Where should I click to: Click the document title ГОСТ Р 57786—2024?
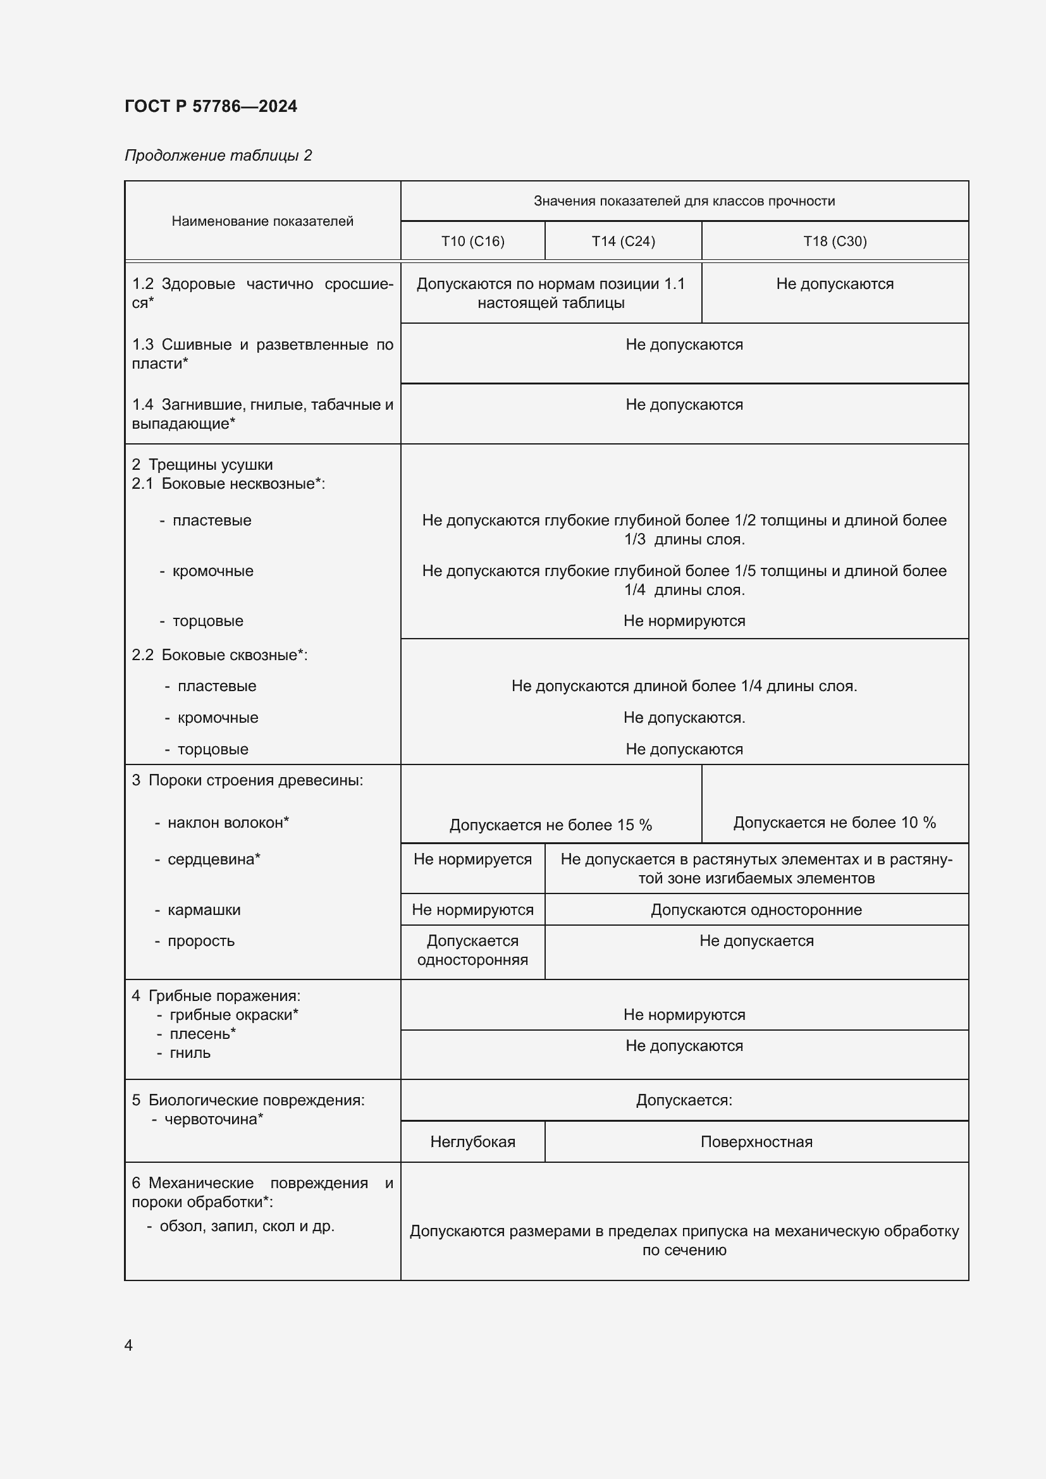coord(211,106)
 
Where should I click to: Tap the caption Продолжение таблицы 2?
coord(218,156)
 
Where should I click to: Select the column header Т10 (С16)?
coord(472,241)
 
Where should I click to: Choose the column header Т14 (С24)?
coord(623,241)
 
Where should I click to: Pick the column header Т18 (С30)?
coord(834,241)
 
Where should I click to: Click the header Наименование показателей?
coord(262,221)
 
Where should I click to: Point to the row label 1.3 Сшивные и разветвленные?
coord(262,353)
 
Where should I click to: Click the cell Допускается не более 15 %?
coord(550,825)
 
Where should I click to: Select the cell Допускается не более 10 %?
coord(834,822)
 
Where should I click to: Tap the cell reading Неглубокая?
coord(472,1141)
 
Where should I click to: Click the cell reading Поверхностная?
coord(756,1141)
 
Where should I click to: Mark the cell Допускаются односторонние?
coord(756,909)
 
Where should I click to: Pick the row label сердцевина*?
coord(213,859)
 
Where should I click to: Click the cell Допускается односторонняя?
coord(472,950)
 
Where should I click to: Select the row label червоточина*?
coord(213,1119)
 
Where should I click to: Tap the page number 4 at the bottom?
coord(128,1345)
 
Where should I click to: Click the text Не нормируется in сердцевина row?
coord(472,859)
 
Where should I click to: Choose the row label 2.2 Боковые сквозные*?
coord(219,654)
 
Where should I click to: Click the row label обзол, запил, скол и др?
coord(246,1226)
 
